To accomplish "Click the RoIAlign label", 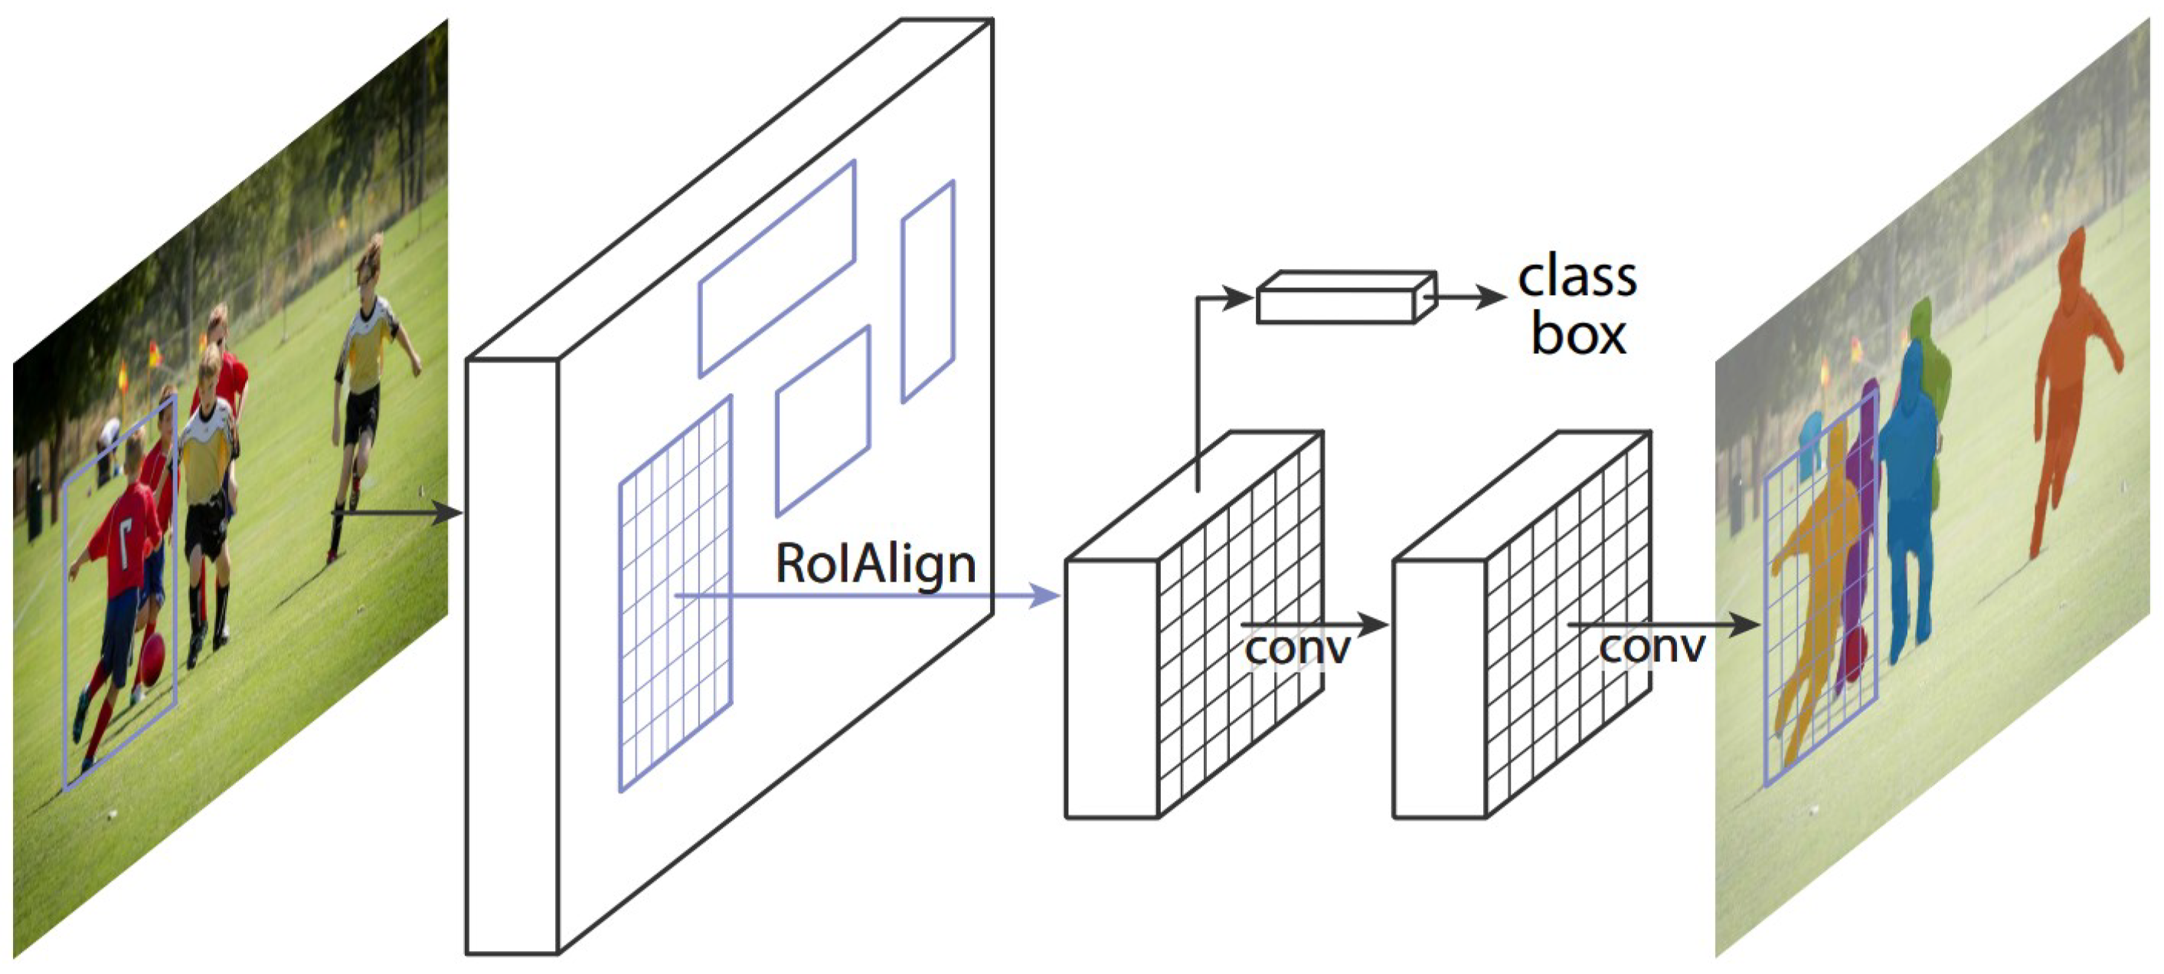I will coord(874,564).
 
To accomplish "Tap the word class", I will coord(1577,277).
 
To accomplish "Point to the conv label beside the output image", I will coord(1651,647).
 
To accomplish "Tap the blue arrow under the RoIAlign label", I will coord(865,597).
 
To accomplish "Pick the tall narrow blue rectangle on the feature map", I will coord(927,290).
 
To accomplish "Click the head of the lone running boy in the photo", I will coord(370,261).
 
